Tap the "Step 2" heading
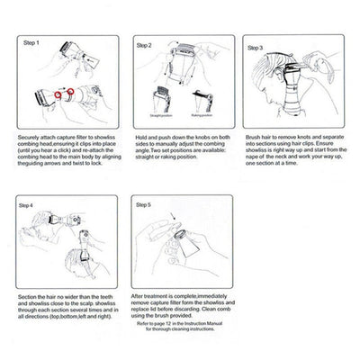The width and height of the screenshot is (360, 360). (x=145, y=43)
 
